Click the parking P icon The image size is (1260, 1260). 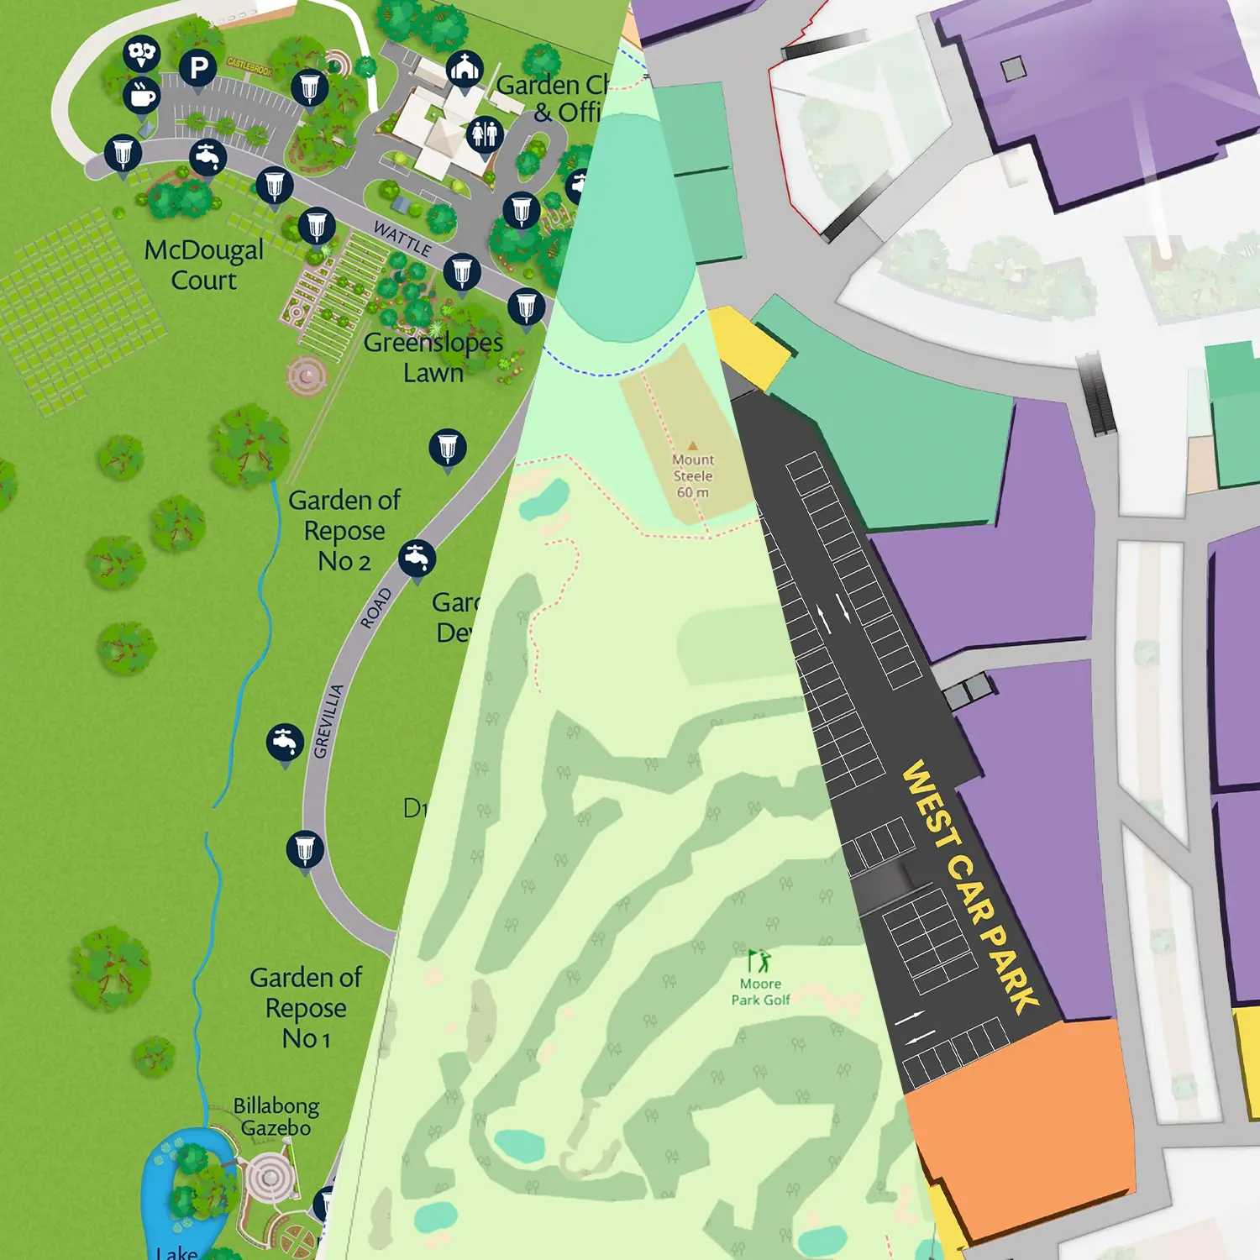coord(198,67)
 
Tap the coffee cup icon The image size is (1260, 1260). coord(141,95)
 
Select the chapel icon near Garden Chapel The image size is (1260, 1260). coord(464,67)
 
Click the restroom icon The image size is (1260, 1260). coord(485,133)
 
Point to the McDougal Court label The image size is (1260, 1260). coord(204,265)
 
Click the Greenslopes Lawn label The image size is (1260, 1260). coord(433,357)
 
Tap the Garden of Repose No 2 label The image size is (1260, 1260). coord(344,530)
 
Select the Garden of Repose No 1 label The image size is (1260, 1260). coord(306,1007)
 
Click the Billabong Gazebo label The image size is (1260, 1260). coord(276,1116)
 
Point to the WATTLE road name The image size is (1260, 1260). coord(402,239)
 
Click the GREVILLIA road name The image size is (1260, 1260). coord(328,721)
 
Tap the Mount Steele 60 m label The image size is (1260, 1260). coord(693,476)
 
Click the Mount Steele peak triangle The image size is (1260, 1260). coord(692,446)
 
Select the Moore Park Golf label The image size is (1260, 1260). coord(760,991)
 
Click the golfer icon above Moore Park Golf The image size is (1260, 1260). coord(759,960)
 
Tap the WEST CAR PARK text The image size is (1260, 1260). coord(969,886)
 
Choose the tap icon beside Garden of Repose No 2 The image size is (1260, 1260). coord(417,557)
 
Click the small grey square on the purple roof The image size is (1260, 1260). coord(1013,69)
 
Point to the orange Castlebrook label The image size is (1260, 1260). coord(249,66)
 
